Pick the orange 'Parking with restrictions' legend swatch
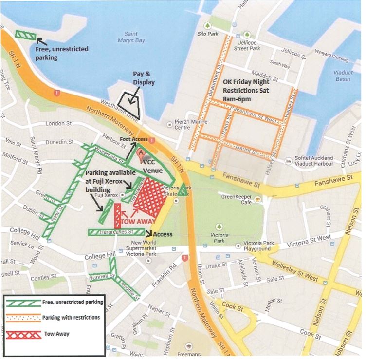coord(23,318)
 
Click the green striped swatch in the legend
coord(23,303)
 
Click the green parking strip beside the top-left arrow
coord(24,35)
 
